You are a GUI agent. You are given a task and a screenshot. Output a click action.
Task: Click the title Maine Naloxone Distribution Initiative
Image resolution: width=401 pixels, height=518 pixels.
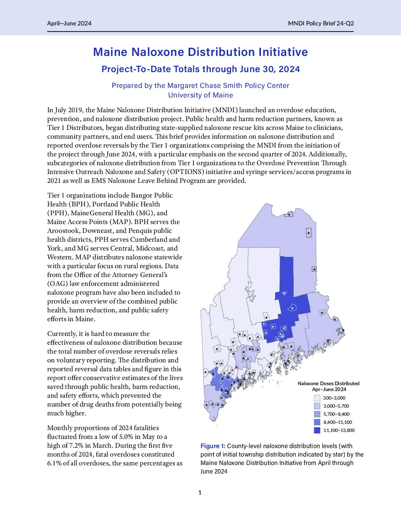click(x=200, y=52)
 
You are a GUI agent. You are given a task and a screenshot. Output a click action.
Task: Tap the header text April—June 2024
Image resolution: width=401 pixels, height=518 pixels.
click(x=69, y=23)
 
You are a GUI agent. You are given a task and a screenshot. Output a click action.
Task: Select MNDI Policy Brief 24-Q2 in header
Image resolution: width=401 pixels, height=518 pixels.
click(x=321, y=23)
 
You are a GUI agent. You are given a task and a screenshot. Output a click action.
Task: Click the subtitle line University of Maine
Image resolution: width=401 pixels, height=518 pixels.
click(x=200, y=95)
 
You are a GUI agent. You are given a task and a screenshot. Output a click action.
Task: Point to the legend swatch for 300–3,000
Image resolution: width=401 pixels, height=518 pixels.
click(x=317, y=398)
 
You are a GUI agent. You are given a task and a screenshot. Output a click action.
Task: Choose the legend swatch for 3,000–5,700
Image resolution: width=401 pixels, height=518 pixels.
click(x=317, y=406)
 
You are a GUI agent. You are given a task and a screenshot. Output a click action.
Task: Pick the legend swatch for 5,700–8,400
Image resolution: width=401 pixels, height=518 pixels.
click(x=317, y=414)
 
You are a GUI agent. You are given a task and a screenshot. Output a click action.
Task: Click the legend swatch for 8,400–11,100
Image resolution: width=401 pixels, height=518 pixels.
click(x=317, y=422)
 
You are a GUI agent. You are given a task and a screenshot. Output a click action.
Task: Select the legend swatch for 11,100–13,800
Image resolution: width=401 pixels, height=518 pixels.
click(x=317, y=430)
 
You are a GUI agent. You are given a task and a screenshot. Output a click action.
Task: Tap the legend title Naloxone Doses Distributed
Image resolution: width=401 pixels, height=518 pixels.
click(x=328, y=383)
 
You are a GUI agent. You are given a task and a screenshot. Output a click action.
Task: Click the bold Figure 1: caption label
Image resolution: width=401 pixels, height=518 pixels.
click(x=213, y=446)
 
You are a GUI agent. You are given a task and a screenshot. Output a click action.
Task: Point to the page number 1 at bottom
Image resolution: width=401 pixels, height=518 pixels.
click(x=200, y=493)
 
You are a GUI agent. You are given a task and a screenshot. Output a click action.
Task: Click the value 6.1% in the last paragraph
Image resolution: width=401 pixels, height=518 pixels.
click(x=55, y=463)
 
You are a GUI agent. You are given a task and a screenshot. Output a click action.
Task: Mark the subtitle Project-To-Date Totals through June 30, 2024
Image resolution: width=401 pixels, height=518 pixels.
click(x=200, y=69)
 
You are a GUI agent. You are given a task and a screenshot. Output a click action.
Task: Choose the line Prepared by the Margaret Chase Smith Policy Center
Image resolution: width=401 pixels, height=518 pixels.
click(x=200, y=86)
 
